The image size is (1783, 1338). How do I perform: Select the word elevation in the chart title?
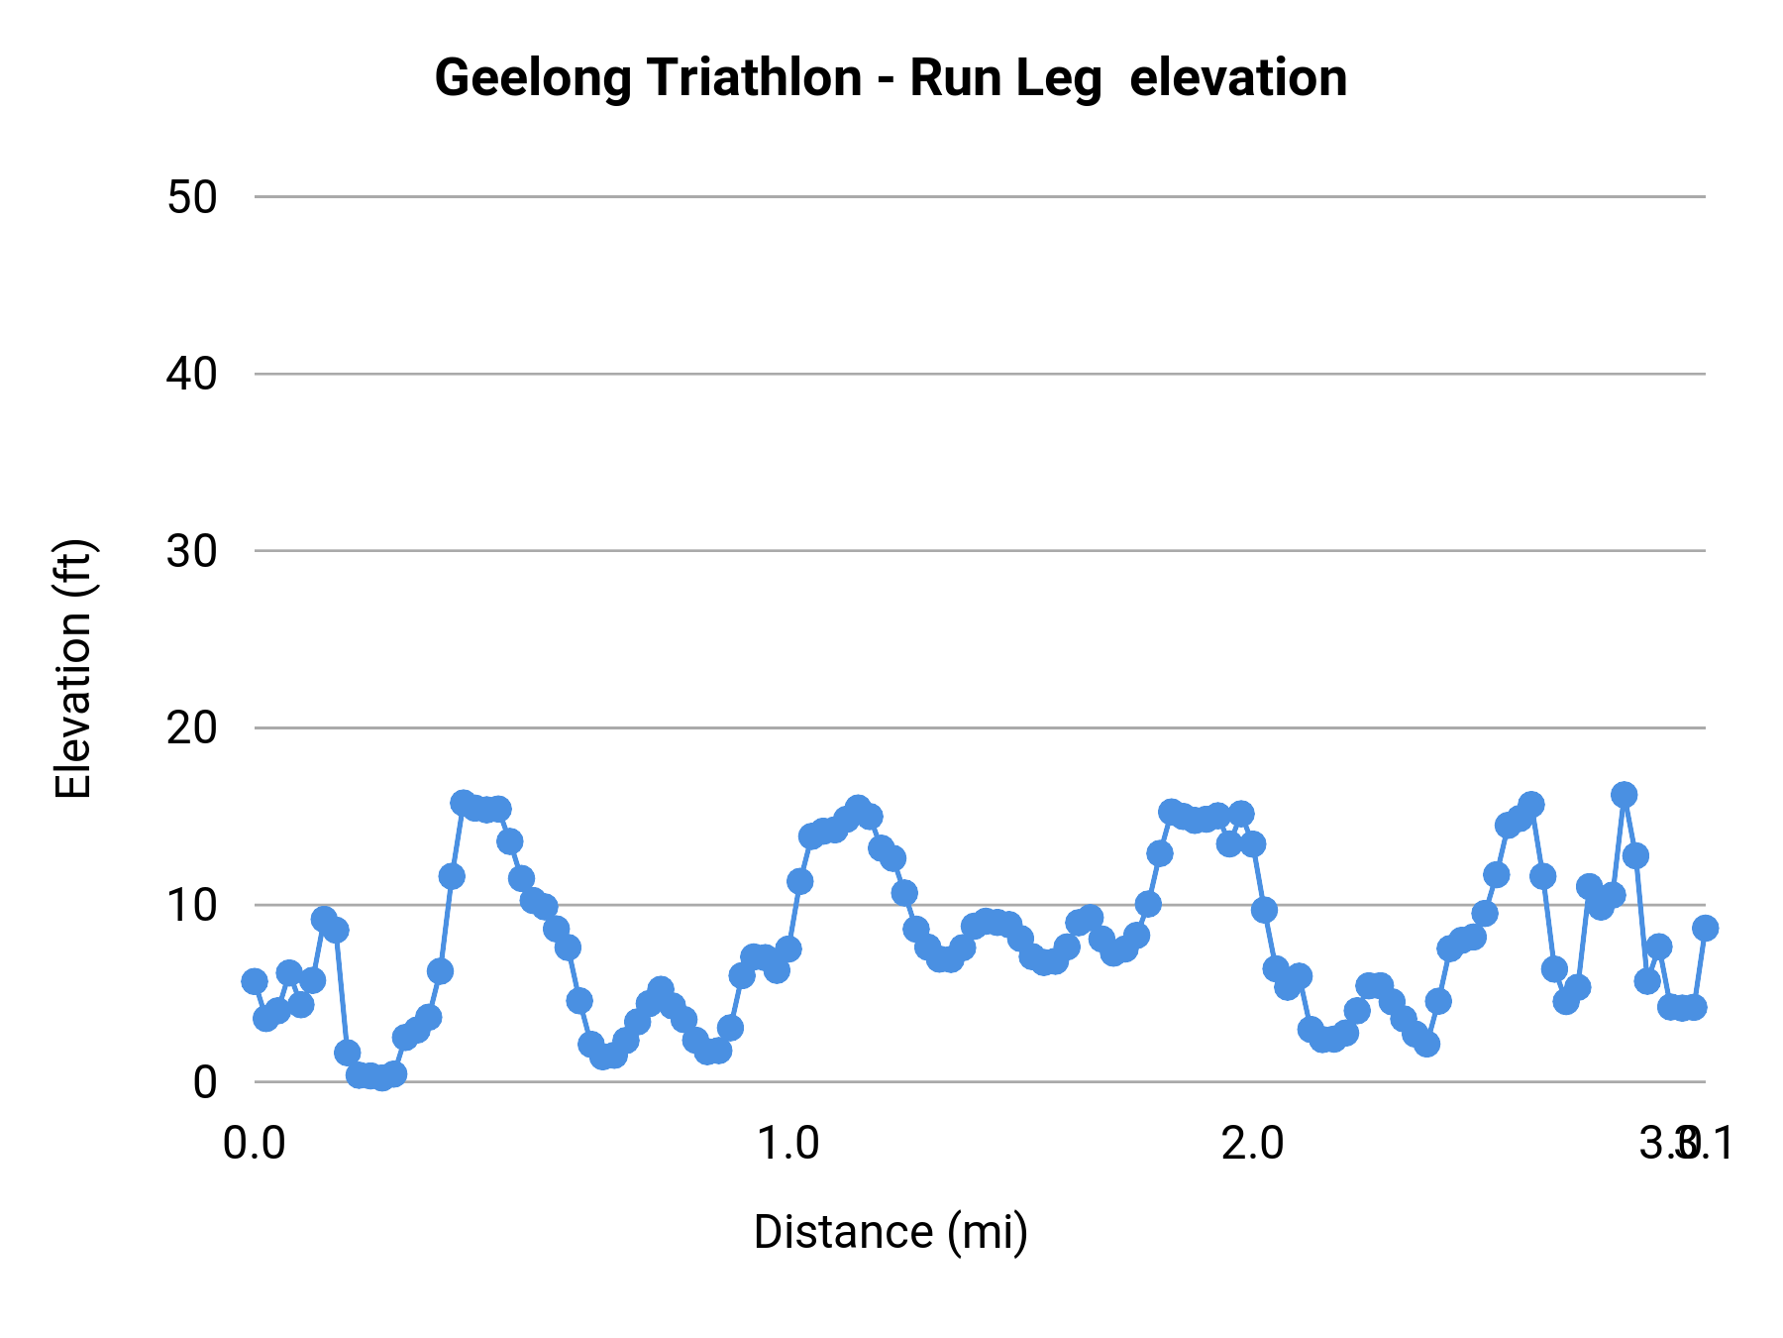coord(1237,78)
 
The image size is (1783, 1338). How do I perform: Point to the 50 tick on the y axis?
coord(192,197)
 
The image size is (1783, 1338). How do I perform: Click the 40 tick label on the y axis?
coord(192,375)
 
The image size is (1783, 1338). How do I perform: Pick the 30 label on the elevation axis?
coord(192,551)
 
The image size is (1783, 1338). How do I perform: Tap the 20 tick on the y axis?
coord(192,728)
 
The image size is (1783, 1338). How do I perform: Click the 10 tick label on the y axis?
coord(192,905)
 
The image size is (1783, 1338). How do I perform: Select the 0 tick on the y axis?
coord(205,1082)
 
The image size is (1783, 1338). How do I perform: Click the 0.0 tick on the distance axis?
coord(255,1144)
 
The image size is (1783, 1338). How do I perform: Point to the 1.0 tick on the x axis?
coord(788,1144)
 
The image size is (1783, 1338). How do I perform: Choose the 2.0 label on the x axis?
coord(1253,1144)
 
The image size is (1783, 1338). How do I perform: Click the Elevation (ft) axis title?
coord(73,669)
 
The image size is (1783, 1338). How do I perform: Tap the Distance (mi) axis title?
coord(891,1232)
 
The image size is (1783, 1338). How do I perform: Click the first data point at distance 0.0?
coord(255,981)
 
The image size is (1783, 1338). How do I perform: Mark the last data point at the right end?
coord(1705,928)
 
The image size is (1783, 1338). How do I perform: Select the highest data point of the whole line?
coord(1624,794)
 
